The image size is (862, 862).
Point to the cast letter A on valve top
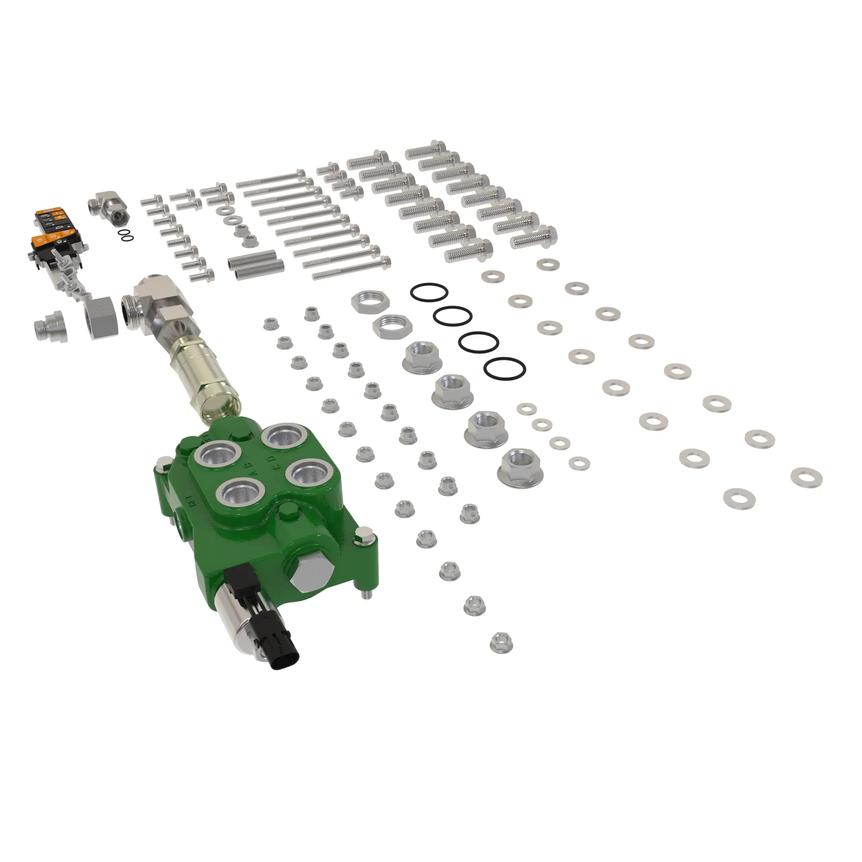pos(253,471)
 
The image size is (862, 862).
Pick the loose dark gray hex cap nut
pos(102,318)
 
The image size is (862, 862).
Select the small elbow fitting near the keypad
pos(111,206)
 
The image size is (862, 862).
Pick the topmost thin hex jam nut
pos(370,302)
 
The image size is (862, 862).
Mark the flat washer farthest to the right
pos(806,477)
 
